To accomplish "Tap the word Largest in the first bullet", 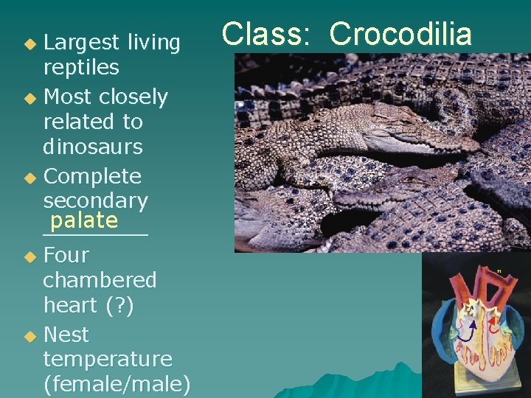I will click(x=80, y=43).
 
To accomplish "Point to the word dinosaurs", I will click(x=93, y=147).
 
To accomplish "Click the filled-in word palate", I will click(x=84, y=220).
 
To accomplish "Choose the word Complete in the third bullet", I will click(x=92, y=177).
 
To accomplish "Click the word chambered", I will click(x=100, y=280).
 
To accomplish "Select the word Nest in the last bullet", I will click(x=66, y=335).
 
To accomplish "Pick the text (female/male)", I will click(x=117, y=384).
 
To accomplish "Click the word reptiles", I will click(x=81, y=68).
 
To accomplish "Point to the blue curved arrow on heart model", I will click(x=463, y=332).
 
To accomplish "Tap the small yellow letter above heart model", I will click(x=499, y=271).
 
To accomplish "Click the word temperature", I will click(x=107, y=359).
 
